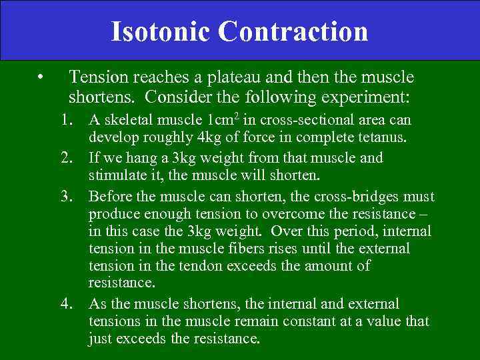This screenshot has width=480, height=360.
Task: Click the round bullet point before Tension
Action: (x=41, y=78)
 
